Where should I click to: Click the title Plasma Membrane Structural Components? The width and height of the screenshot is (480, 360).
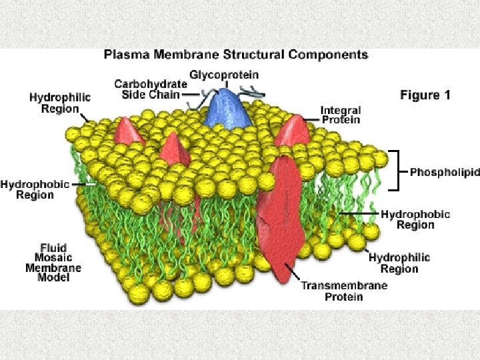[236, 55]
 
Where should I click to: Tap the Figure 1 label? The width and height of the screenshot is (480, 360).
[425, 95]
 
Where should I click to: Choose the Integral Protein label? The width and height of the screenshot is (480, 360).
[341, 115]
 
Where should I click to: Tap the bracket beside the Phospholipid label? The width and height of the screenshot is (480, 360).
[399, 171]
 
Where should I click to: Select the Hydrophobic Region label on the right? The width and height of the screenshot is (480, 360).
[415, 219]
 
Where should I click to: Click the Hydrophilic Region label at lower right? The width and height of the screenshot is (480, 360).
[399, 263]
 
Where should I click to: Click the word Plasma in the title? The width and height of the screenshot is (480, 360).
[125, 55]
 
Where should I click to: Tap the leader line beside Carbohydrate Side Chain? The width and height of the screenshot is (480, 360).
[188, 94]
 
